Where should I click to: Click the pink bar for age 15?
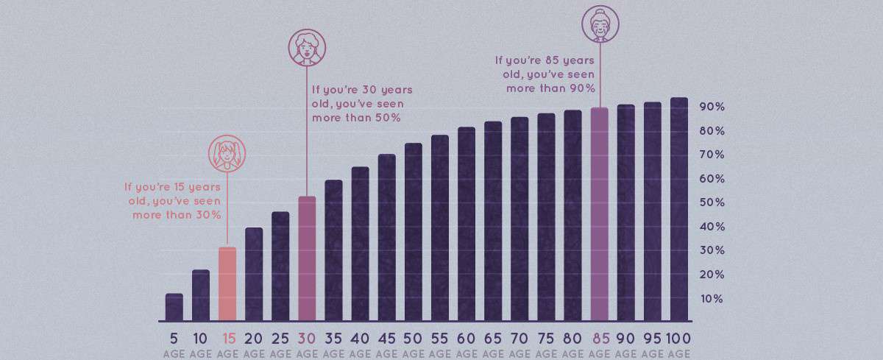[227, 284]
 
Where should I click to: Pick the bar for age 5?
[174, 308]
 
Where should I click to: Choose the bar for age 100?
[679, 210]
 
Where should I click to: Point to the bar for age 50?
[414, 233]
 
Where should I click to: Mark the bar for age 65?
[493, 222]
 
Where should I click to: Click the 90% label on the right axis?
[712, 107]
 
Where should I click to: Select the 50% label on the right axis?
[712, 202]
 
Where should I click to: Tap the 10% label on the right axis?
[712, 298]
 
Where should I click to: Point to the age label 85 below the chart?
[600, 339]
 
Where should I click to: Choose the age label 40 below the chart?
[360, 339]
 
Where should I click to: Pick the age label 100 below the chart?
[679, 339]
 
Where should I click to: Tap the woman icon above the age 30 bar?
[306, 47]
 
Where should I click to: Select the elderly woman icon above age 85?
[600, 24]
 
